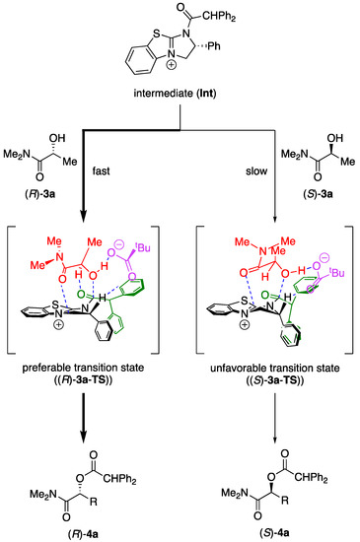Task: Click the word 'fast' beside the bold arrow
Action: [101, 170]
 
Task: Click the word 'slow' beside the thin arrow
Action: [256, 171]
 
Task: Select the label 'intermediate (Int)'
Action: [175, 94]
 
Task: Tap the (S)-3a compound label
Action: [318, 194]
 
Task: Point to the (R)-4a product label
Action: [83, 534]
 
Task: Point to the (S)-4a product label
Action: [275, 533]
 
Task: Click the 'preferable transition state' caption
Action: [83, 368]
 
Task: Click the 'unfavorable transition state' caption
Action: [275, 369]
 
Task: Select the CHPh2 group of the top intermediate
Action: [219, 16]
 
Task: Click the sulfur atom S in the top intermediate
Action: [156, 34]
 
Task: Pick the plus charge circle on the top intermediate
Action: [172, 65]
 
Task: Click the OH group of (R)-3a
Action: [57, 138]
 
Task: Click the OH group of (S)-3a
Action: [334, 138]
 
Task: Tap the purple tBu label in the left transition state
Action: [142, 247]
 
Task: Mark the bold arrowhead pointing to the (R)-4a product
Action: [84, 437]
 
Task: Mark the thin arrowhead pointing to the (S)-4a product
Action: [275, 440]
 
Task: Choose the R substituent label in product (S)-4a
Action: [284, 501]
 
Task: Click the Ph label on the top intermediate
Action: [214, 46]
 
